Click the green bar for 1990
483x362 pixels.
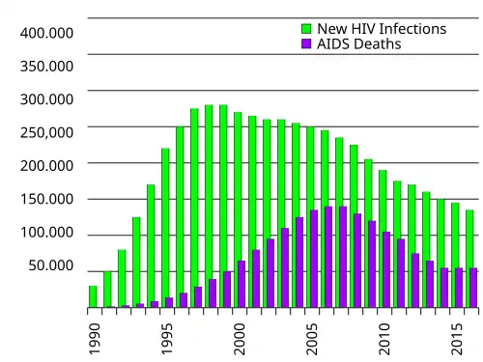93,296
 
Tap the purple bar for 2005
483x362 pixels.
314,259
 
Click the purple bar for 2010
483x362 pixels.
386,269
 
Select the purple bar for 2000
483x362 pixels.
241,284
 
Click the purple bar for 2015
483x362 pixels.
459,288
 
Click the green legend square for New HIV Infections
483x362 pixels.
306,28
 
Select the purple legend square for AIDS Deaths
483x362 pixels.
306,43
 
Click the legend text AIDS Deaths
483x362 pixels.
359,43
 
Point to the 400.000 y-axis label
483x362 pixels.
46,33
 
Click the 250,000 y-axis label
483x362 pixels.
46,132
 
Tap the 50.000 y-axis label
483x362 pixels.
51,265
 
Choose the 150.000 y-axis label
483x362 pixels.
46,199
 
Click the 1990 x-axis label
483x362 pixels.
95,339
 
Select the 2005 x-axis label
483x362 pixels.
312,339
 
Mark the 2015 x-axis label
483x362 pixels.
457,339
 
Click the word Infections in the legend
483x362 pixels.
414,29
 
